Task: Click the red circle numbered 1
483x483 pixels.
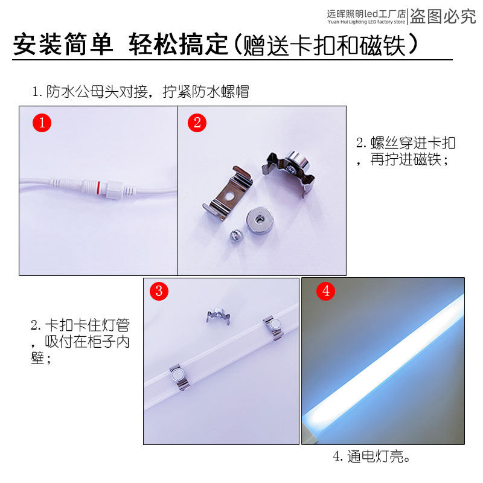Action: (x=42, y=123)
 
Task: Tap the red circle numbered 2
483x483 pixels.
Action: (x=197, y=123)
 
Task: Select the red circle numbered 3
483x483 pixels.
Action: (x=159, y=290)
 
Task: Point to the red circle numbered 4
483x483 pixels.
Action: (x=326, y=290)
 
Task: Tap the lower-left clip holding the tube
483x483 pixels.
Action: (x=179, y=376)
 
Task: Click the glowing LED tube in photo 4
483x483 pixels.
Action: (x=386, y=362)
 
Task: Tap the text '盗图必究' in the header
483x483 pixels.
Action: (x=443, y=16)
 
